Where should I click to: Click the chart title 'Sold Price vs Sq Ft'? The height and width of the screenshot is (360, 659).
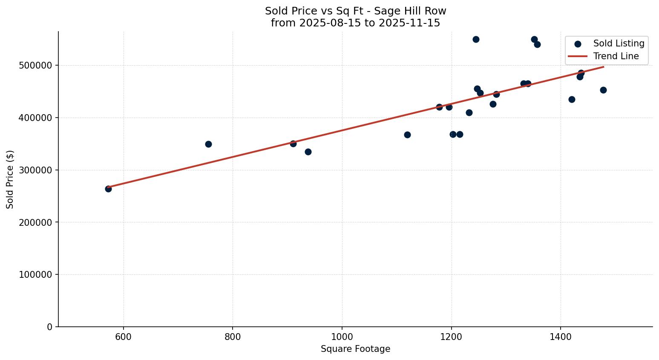click(x=355, y=11)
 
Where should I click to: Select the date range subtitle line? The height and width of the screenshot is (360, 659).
click(x=355, y=23)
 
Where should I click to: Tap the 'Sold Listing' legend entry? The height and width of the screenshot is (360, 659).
click(x=619, y=43)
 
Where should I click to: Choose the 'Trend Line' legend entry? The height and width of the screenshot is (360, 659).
click(x=616, y=56)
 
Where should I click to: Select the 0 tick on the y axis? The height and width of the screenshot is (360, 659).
click(x=49, y=327)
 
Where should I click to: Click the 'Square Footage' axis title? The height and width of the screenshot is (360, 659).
click(x=355, y=349)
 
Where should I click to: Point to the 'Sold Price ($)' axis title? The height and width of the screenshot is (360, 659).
click(x=10, y=179)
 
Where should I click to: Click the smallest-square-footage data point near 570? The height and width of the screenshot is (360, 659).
click(x=108, y=189)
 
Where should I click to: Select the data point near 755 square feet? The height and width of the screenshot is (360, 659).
click(x=208, y=144)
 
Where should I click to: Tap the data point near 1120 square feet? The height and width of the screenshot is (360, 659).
click(x=407, y=135)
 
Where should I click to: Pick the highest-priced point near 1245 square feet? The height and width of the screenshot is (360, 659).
click(x=476, y=39)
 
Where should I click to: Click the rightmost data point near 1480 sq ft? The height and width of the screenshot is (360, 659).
click(x=603, y=90)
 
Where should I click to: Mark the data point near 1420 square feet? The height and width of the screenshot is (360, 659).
click(x=572, y=99)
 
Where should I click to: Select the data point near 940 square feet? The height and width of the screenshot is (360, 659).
click(x=308, y=152)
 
